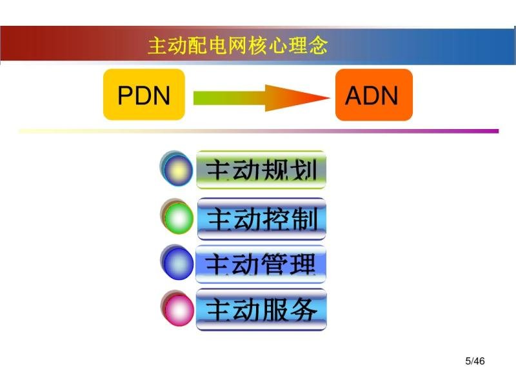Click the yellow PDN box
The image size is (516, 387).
click(144, 94)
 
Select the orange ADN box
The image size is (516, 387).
click(374, 95)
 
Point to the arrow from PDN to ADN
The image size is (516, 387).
click(262, 98)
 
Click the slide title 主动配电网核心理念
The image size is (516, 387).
click(238, 45)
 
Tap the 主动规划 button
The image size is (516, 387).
click(261, 170)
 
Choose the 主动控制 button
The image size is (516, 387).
click(262, 219)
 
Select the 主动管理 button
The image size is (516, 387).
click(261, 264)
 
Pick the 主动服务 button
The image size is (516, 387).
click(261, 310)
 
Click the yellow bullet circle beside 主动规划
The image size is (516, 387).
click(178, 170)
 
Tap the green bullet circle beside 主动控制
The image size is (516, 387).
click(179, 219)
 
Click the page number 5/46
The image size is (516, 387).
click(475, 361)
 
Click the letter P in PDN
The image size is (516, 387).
click(125, 95)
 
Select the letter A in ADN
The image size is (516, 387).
click(353, 95)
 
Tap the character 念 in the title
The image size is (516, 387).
click(318, 45)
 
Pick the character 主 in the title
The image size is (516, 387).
click(157, 46)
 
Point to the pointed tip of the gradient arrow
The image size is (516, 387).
click(330, 97)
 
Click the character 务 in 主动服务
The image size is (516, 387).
click(303, 310)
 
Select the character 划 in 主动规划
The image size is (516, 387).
click(304, 170)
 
